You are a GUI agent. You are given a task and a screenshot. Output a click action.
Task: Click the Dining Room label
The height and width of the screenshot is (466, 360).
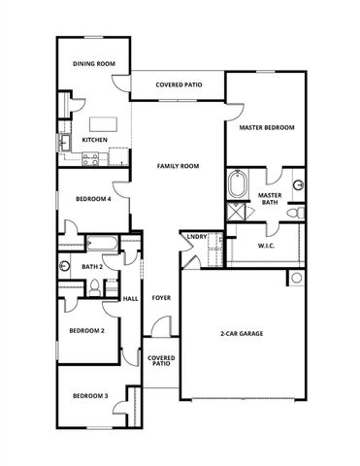94,64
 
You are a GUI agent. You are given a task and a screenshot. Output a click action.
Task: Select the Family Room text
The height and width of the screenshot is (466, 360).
179,166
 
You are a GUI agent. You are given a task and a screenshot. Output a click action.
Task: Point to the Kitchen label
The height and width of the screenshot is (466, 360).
94,140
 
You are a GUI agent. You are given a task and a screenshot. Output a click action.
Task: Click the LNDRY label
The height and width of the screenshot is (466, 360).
195,236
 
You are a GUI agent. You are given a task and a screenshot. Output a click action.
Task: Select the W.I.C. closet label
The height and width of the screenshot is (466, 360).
268,247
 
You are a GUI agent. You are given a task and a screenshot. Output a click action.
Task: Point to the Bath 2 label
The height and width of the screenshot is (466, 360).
92,265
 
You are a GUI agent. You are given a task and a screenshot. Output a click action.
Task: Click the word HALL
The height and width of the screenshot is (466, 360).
130,298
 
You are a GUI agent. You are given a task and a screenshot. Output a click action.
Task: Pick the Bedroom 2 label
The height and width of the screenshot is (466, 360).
86,330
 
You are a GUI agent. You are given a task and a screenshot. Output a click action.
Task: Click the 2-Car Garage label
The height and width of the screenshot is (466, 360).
242,334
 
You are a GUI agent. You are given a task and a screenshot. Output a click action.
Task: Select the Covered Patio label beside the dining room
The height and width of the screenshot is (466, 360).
180,85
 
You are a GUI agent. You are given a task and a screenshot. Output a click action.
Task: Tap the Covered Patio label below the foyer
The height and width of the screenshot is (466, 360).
161,360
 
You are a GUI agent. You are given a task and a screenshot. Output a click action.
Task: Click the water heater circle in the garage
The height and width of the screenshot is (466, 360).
296,279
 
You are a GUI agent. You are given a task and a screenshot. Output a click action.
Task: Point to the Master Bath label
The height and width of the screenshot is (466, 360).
270,199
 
